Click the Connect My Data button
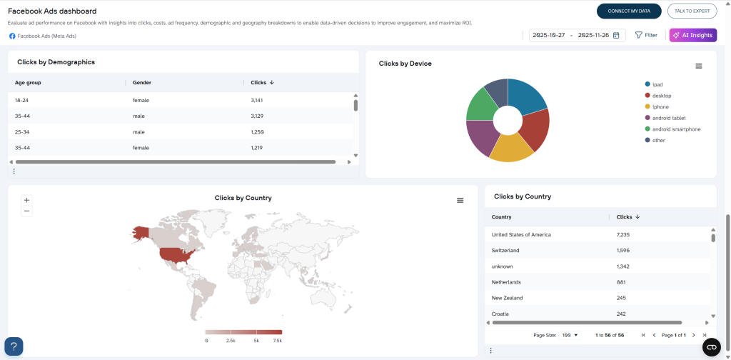pos(629,11)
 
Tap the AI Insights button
pos(692,35)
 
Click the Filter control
pos(646,35)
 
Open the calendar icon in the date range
pos(616,35)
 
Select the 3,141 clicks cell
pos(258,100)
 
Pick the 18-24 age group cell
pos(23,100)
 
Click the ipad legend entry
pos(657,84)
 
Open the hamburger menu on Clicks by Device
pos(699,66)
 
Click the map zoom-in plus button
pos(26,200)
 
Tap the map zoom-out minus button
pos(26,211)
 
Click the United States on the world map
pos(175,256)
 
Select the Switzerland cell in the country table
pos(505,250)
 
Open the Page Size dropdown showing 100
pos(571,334)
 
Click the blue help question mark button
pos(14,346)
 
